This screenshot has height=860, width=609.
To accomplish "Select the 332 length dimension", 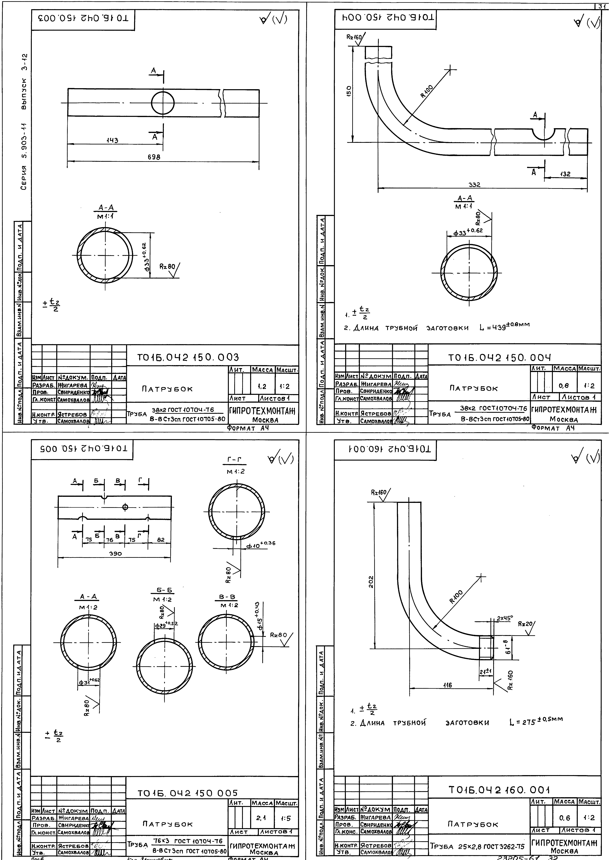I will [x=474, y=185].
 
